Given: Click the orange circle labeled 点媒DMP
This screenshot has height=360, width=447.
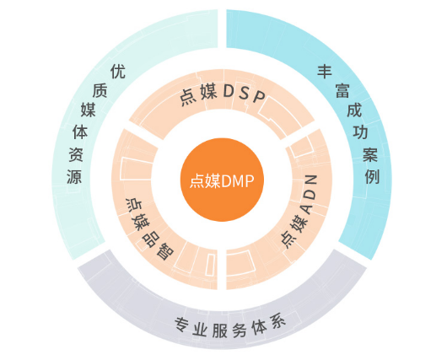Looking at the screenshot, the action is [222, 180].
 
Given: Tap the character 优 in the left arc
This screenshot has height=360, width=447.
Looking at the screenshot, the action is [118, 72].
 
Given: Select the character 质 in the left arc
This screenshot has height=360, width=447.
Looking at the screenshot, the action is [100, 91].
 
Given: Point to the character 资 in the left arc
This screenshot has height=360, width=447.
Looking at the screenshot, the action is [76, 154].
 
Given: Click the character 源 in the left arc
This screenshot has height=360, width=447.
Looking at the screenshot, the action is [74, 177].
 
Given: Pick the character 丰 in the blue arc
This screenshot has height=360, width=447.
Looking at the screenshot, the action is [325, 72].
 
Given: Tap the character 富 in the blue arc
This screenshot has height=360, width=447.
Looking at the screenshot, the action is [342, 91].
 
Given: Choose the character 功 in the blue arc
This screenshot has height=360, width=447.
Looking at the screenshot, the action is [360, 132].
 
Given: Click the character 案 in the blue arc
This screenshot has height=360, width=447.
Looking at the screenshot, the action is [370, 154].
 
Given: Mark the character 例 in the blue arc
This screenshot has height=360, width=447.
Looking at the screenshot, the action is [372, 177].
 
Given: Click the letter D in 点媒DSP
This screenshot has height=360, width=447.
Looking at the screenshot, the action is [229, 91].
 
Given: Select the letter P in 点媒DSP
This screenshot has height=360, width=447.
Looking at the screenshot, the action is [259, 97].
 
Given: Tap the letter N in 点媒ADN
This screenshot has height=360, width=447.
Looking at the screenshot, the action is [311, 180].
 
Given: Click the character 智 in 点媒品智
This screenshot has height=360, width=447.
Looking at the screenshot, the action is [165, 251].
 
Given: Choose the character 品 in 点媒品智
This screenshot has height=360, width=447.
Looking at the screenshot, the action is [150, 239].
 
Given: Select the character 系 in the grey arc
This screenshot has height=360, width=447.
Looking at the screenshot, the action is [277, 323].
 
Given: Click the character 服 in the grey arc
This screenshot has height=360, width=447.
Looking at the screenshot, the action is [220, 330].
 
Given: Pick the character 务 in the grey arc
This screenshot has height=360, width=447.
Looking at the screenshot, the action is [240, 330].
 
